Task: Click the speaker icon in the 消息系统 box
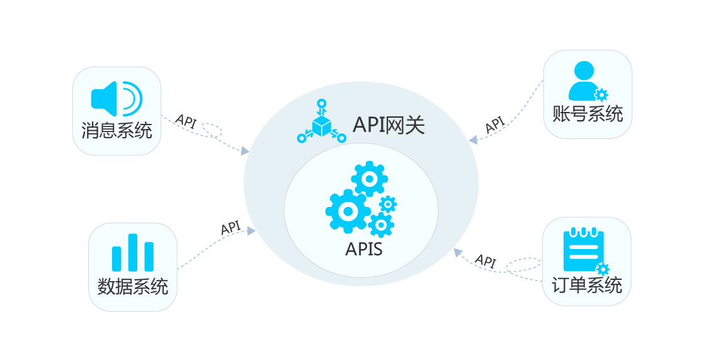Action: [116, 98]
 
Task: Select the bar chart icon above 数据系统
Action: [133, 253]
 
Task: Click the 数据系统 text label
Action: [133, 286]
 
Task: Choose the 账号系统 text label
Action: [588, 114]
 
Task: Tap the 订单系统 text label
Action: [587, 285]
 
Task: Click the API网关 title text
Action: [389, 125]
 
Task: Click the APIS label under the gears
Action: [363, 249]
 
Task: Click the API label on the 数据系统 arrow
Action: [231, 228]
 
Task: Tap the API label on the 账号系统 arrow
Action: [496, 124]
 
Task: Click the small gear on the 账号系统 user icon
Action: [601, 95]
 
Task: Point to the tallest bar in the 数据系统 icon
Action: [133, 253]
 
